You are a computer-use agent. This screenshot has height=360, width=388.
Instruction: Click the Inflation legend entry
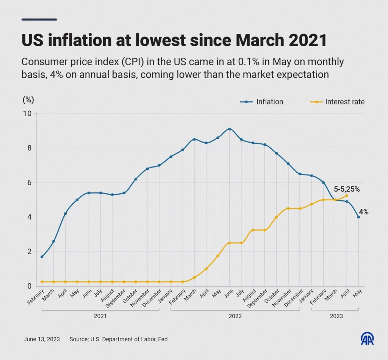tap(261, 102)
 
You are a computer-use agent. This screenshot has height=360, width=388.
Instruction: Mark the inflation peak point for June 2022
tap(230, 129)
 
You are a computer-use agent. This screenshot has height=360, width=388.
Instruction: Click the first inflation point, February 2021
tap(42, 257)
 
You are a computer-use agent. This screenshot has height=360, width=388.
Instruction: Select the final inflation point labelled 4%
tap(358, 217)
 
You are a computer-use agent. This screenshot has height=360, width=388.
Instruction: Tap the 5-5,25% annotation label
tap(346, 189)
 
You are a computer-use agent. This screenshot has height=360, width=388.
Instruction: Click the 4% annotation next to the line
tap(364, 212)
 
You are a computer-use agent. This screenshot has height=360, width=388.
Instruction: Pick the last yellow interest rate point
tap(347, 195)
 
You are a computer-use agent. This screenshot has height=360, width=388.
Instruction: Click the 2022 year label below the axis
tap(235, 316)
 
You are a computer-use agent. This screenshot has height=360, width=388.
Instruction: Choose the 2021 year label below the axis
tap(100, 316)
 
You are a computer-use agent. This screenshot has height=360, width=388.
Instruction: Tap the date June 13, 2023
tap(41, 339)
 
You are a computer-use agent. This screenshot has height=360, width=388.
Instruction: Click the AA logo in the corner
tap(367, 338)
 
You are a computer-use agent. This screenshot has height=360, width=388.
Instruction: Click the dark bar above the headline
tap(39, 19)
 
